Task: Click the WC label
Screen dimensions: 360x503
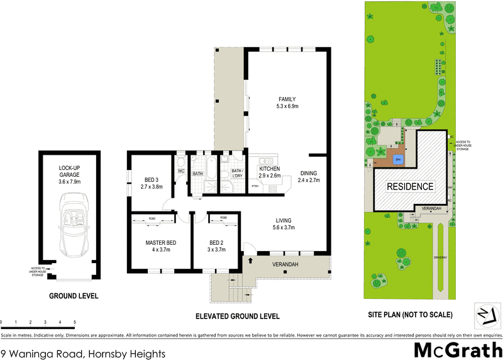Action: tap(180, 171)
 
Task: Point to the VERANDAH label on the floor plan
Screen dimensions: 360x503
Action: tap(285, 264)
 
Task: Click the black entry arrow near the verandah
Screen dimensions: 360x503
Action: tap(250, 259)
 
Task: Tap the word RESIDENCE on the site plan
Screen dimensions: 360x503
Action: tap(409, 186)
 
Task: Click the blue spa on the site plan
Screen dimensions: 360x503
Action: tap(397, 159)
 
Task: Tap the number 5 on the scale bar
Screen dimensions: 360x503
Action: tap(75, 322)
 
